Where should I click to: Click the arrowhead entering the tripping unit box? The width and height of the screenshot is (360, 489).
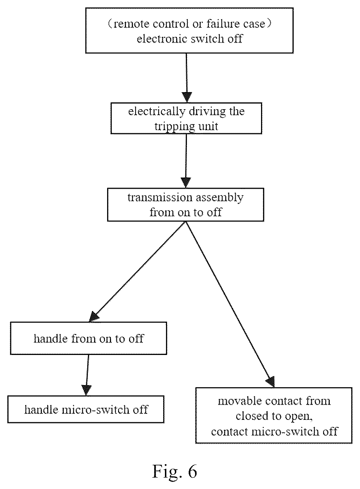click(x=187, y=97)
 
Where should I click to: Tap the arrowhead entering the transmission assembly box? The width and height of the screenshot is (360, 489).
click(x=186, y=183)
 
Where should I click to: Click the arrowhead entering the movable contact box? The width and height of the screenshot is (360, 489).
click(x=271, y=382)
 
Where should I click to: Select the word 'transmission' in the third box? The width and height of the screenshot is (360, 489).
click(x=160, y=198)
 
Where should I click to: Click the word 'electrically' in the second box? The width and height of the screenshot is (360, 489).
click(x=156, y=112)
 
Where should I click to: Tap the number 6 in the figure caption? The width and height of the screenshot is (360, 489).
click(x=192, y=471)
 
